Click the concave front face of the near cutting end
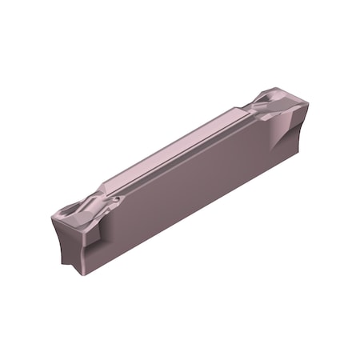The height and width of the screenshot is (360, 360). [x=70, y=240]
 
